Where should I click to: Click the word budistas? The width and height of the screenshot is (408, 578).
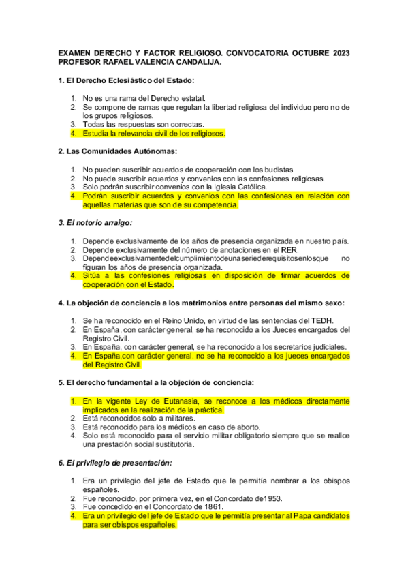tap(279, 169)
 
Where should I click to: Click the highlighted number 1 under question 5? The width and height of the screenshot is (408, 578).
tap(74, 401)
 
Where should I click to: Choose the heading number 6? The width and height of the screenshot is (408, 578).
tap(61, 463)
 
